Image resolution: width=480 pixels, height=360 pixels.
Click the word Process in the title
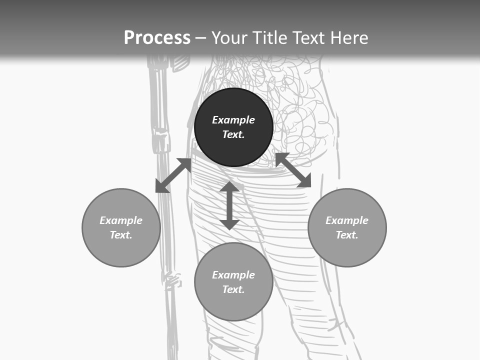pos(157,38)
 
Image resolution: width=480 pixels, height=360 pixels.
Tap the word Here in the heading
pos(348,38)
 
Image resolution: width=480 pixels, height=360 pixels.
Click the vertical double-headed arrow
pos(229,205)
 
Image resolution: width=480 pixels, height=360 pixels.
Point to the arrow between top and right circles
pos(293,170)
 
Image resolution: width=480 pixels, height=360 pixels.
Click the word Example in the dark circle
pos(233,120)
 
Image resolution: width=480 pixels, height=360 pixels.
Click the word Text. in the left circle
pos(121,235)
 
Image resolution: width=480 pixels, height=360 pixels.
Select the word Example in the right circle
pos(347,220)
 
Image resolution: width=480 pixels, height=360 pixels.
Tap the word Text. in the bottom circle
pos(233,289)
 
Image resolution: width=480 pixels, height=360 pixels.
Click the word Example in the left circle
pos(121,220)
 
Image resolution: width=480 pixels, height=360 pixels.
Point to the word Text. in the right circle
pos(347,235)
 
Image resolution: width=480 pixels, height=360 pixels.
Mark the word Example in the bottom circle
pos(233,275)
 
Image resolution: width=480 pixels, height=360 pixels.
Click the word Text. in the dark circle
pos(233,134)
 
